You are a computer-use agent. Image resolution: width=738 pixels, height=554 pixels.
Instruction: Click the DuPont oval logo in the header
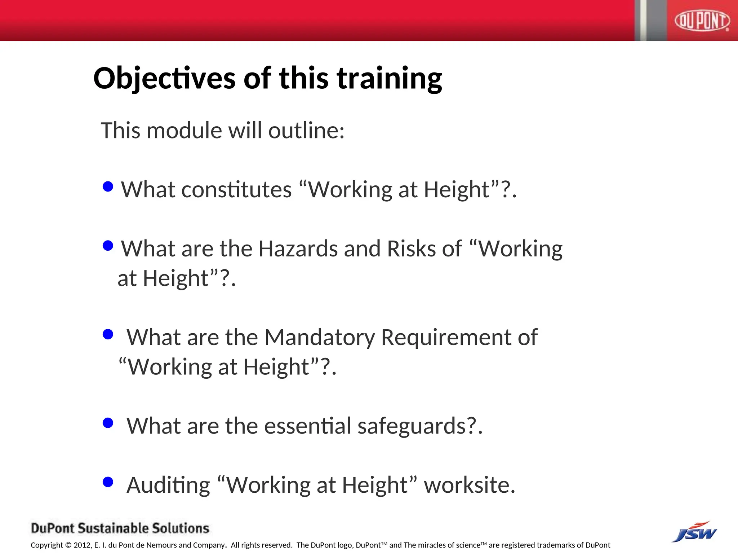click(x=702, y=21)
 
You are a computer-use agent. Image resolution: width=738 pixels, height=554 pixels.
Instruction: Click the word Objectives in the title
click(x=164, y=79)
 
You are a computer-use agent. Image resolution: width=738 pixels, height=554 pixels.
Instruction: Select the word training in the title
click(x=389, y=79)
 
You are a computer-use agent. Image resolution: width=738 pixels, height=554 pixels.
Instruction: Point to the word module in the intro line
click(x=184, y=130)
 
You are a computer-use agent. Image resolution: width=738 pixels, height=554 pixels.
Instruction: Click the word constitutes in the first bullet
click(x=236, y=190)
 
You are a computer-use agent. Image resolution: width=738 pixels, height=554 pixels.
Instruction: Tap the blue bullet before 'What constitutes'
click(x=108, y=186)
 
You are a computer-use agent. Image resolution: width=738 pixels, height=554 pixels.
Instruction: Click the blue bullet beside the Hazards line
click(x=108, y=246)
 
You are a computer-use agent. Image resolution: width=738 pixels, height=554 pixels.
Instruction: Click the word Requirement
click(x=446, y=338)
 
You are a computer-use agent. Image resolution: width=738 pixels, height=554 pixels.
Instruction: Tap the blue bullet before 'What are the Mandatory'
click(x=108, y=334)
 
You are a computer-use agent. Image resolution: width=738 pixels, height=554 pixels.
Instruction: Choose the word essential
click(x=307, y=426)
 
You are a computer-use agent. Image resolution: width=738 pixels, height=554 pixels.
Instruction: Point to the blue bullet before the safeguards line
click(x=108, y=423)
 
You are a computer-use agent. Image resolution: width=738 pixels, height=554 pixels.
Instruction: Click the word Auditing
click(x=168, y=485)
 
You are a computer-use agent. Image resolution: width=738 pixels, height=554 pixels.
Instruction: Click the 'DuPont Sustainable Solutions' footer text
click(x=120, y=528)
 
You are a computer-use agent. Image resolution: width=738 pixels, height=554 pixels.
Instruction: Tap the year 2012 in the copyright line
click(x=83, y=545)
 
